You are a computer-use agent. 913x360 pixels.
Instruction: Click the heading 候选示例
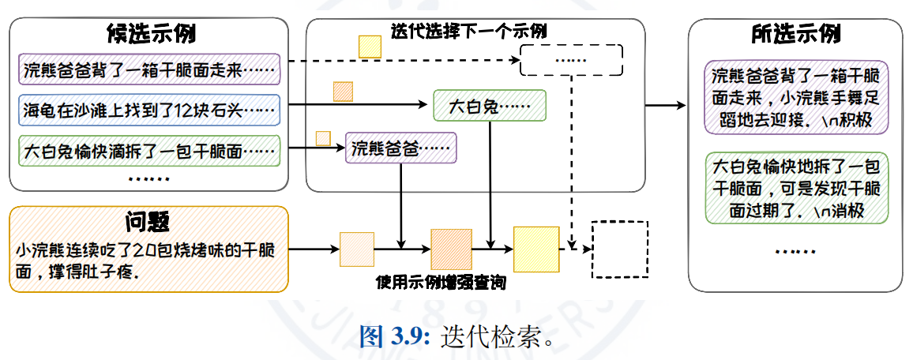[151, 35]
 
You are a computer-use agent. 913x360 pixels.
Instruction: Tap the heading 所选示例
[795, 35]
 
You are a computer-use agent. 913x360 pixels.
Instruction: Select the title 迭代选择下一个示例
[469, 32]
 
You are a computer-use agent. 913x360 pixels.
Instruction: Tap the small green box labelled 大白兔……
[490, 105]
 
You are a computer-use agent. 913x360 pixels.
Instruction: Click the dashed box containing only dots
[571, 60]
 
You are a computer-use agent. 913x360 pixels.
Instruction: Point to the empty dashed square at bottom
[620, 249]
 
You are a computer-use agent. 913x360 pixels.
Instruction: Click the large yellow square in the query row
[536, 249]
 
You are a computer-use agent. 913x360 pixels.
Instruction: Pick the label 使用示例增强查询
[440, 283]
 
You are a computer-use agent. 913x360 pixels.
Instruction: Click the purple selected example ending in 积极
[795, 98]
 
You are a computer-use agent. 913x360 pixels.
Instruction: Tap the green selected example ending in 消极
[795, 189]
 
